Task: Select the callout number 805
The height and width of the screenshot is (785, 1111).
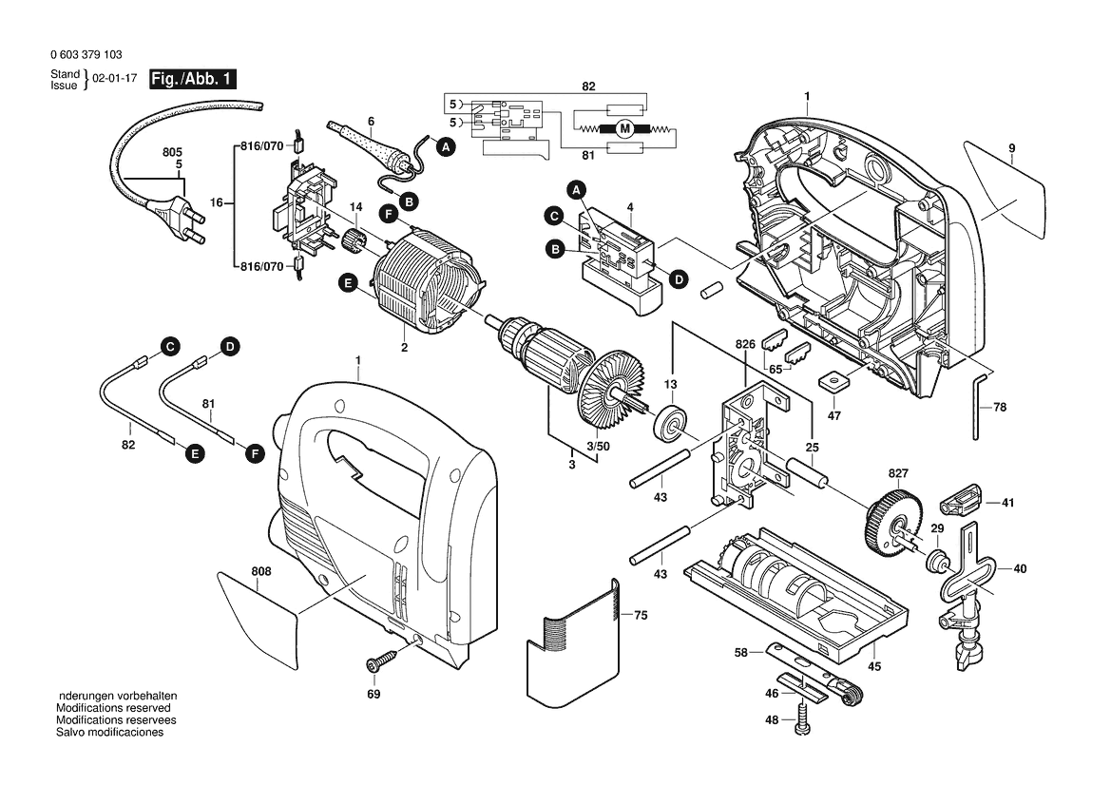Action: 171,152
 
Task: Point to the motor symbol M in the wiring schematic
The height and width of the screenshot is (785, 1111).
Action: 623,128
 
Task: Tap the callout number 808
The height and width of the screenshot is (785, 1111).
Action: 261,571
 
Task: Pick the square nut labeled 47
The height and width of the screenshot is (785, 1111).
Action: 834,383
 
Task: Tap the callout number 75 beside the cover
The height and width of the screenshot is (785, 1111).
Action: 641,616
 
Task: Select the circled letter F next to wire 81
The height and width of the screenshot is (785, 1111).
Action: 254,454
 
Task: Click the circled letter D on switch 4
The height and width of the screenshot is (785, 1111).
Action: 679,279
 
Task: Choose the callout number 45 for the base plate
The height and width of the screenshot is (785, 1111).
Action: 874,666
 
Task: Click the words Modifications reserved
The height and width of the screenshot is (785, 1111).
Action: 113,708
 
